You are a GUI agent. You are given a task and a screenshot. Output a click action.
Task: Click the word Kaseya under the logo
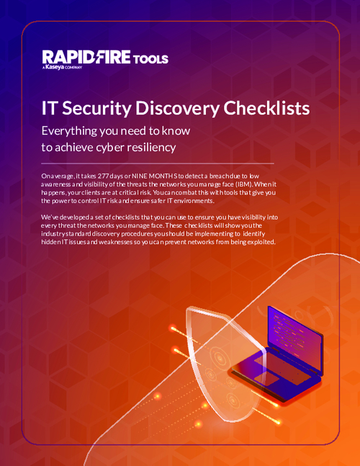click(55, 68)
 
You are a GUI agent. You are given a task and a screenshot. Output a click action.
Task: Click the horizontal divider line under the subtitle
click(157, 163)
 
